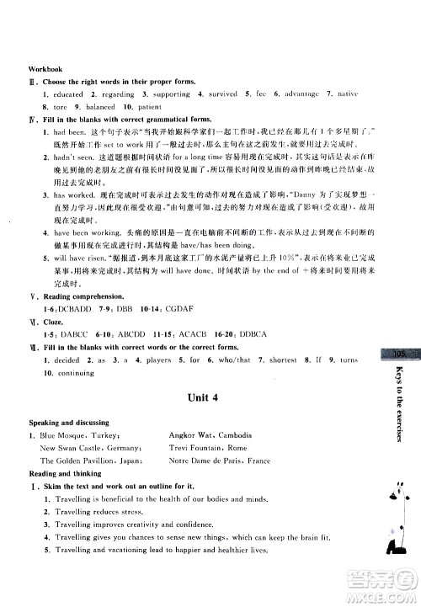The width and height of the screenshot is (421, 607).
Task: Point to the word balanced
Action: (101, 108)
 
